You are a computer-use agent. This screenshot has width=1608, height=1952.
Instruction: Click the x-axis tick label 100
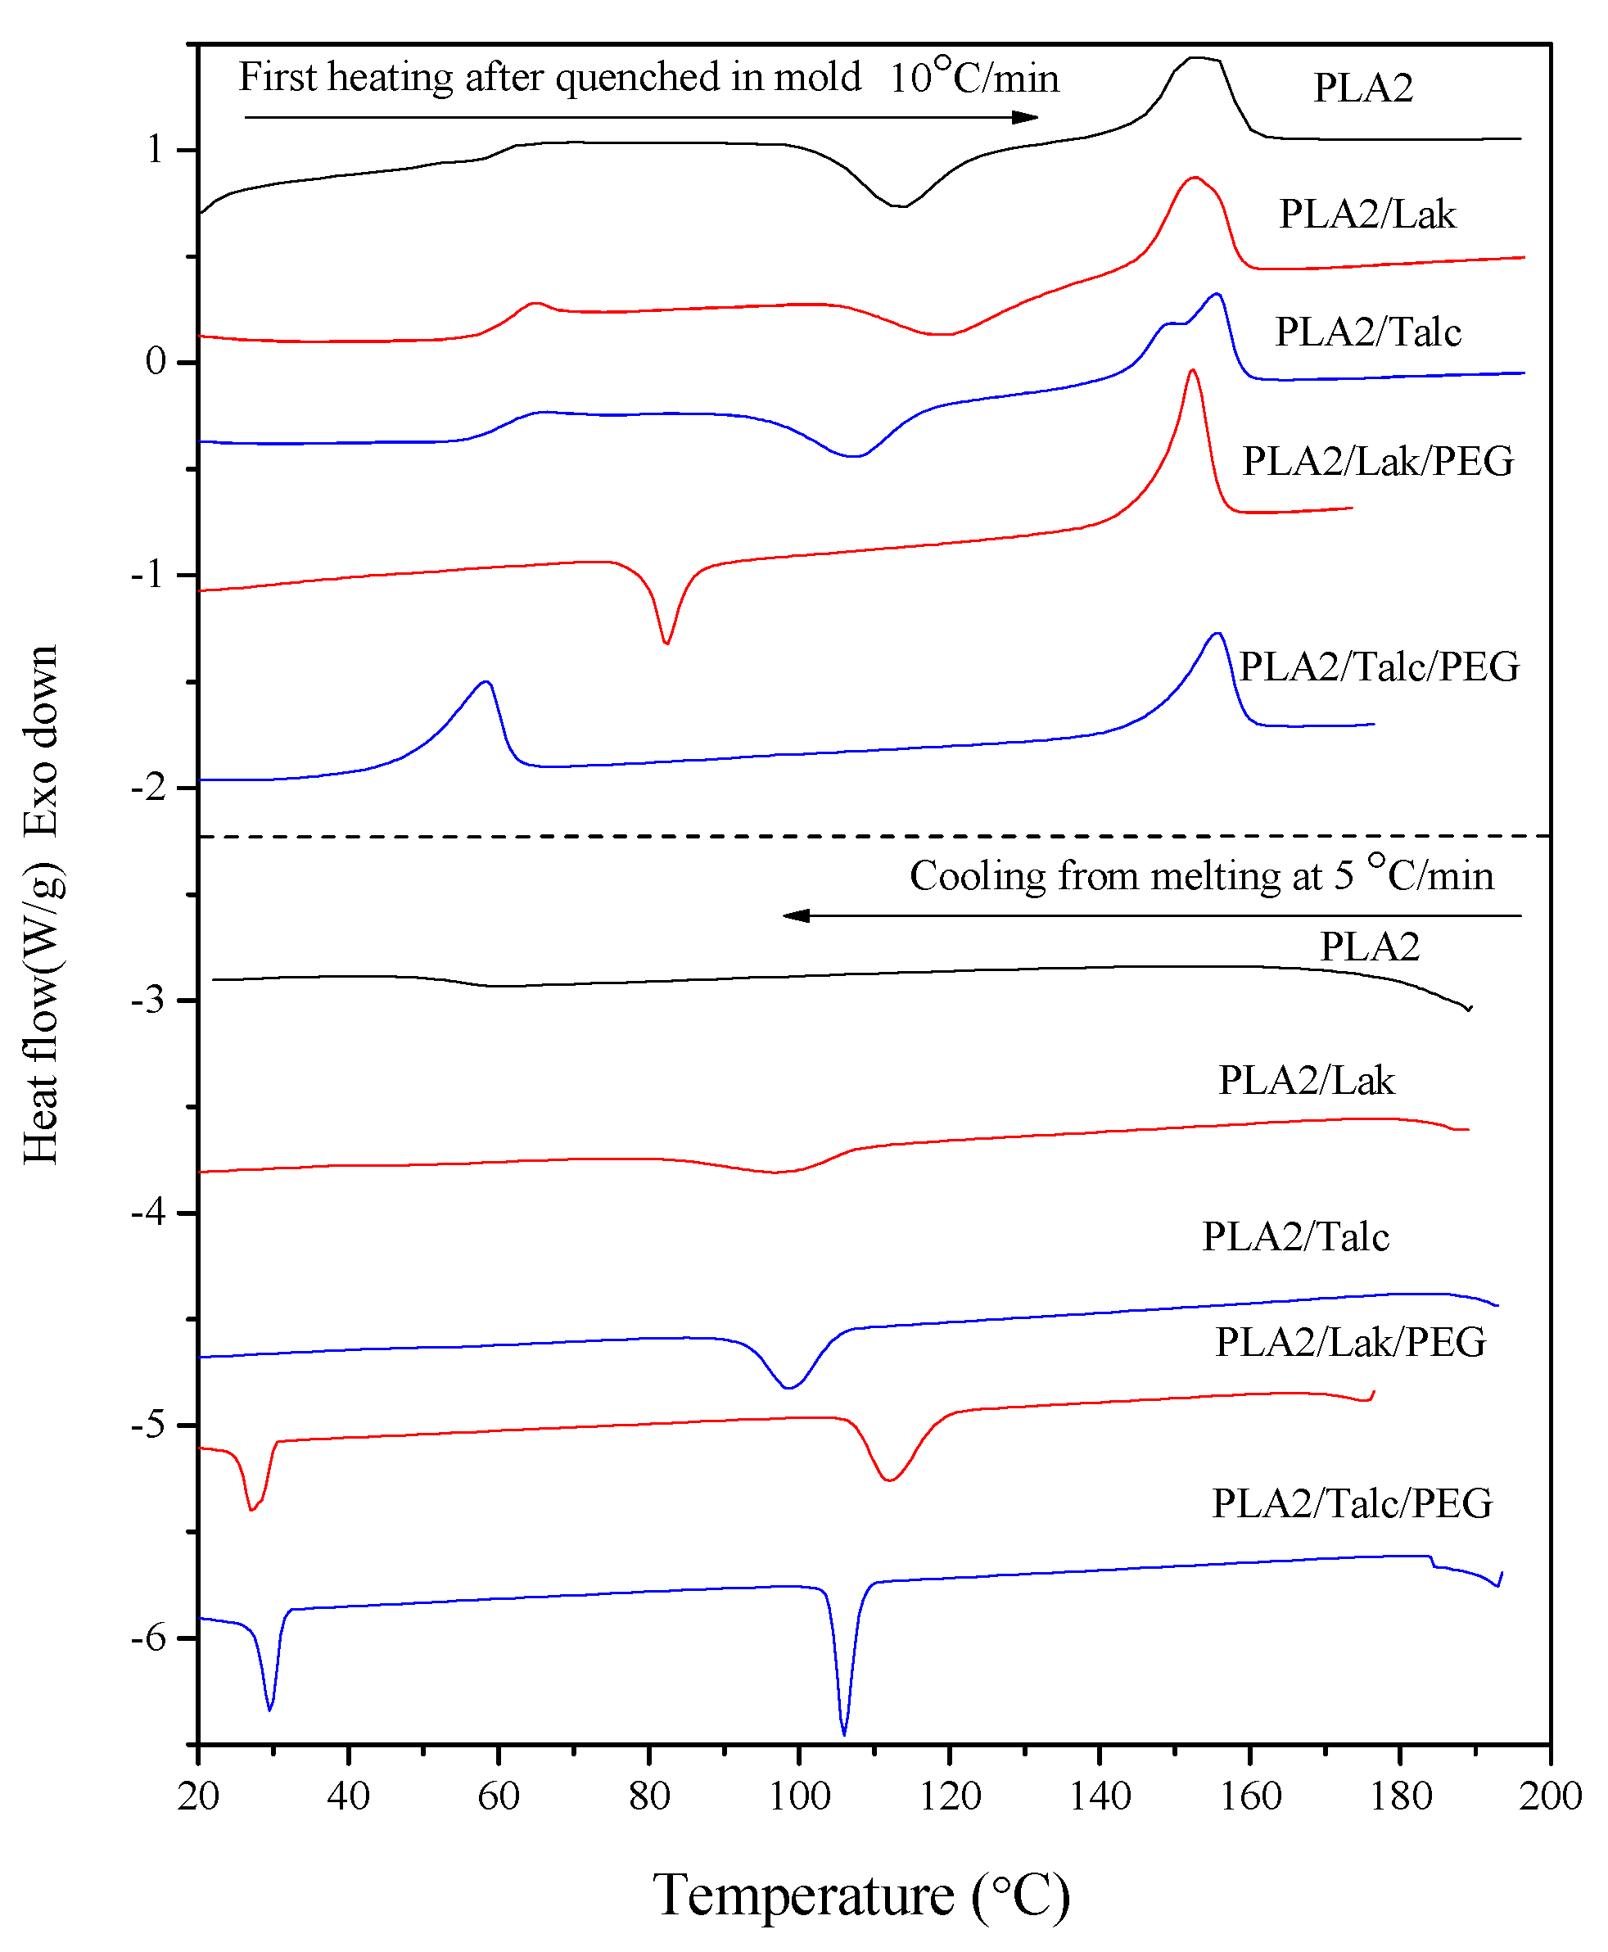coord(799,1796)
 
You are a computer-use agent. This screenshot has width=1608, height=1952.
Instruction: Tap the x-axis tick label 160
coord(1249,1796)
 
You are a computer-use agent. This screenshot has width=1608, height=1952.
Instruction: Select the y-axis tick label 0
coord(156,361)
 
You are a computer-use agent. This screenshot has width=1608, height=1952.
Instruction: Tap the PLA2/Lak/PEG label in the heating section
coord(1377,461)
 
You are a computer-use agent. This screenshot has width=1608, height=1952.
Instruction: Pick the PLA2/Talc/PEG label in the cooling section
coord(1352,1502)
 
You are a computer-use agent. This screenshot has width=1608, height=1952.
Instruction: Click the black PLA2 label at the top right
coord(1362,88)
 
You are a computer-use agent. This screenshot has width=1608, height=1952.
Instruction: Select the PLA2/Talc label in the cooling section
coord(1295,1237)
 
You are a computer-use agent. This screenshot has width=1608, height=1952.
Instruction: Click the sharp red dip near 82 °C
coord(666,642)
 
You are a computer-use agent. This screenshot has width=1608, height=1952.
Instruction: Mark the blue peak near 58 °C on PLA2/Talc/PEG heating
coord(486,682)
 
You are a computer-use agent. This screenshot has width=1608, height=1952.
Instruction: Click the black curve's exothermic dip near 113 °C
coord(900,206)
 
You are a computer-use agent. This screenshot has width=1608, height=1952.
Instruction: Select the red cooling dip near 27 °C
coord(251,1509)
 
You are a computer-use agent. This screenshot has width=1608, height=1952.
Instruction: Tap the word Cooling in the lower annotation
coord(978,875)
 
